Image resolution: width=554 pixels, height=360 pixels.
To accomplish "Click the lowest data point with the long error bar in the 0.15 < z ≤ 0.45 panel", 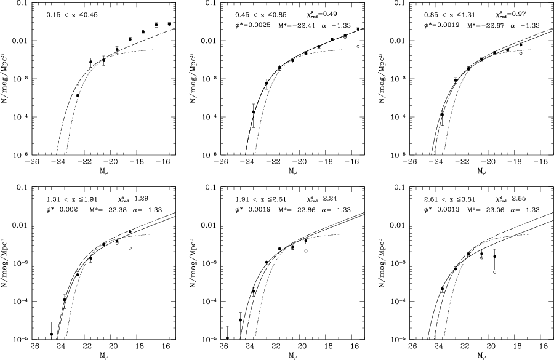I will [78, 95].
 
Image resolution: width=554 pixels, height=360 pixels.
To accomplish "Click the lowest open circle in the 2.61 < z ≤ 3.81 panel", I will [495, 271].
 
